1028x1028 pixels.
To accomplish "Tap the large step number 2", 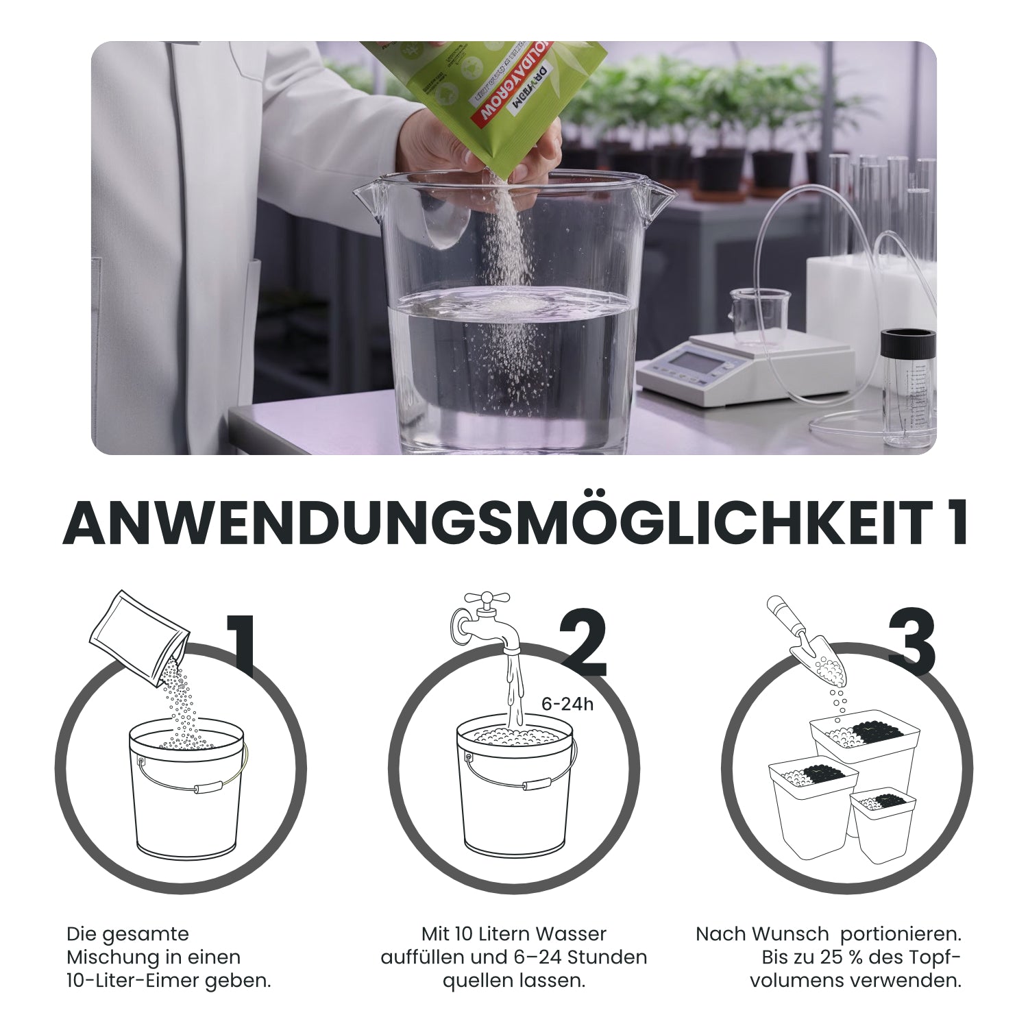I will click(x=583, y=644).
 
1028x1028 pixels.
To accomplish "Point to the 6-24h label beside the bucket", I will click(x=567, y=704).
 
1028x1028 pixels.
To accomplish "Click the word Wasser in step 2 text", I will click(x=573, y=934).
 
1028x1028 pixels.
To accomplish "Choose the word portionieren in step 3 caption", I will click(x=901, y=934).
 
